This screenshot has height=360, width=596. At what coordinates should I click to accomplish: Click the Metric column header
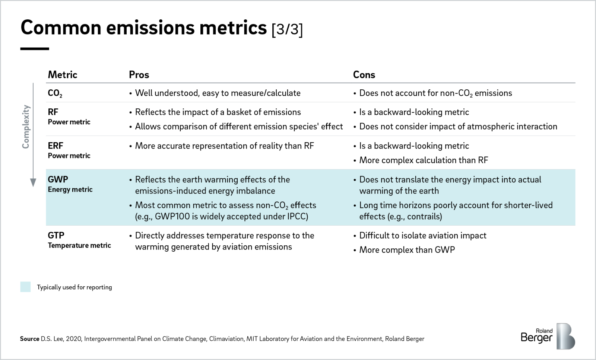coord(62,75)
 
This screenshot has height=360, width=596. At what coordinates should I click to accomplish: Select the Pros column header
coord(139,75)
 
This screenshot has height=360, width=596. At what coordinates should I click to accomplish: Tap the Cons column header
coord(364,75)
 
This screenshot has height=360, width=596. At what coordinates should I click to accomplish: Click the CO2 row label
coord(55,93)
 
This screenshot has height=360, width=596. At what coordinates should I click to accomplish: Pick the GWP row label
coord(58,179)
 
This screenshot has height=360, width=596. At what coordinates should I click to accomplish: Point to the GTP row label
coord(56,235)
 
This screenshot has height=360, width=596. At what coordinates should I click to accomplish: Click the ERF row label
coord(56,146)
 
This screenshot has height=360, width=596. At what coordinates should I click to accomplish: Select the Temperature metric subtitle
coord(79,245)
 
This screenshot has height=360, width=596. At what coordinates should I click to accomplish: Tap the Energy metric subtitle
coord(70,189)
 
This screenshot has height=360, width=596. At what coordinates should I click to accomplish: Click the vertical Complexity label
coord(26,127)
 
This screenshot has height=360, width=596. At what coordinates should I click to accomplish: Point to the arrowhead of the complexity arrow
coord(33,182)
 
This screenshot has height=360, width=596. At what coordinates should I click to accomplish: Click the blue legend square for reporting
coord(25,287)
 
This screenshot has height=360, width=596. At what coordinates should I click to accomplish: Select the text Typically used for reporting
coord(74,287)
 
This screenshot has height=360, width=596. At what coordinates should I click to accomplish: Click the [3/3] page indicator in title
coord(287,29)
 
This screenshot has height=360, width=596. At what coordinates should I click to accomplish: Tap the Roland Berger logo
coord(548,336)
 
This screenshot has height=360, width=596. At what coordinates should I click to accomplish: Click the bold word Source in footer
coord(29,339)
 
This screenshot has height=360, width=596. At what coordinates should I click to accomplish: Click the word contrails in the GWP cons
coord(424,217)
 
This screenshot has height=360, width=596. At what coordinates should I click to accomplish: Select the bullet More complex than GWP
coord(407,250)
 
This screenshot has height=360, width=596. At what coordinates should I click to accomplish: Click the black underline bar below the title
coord(35,49)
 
